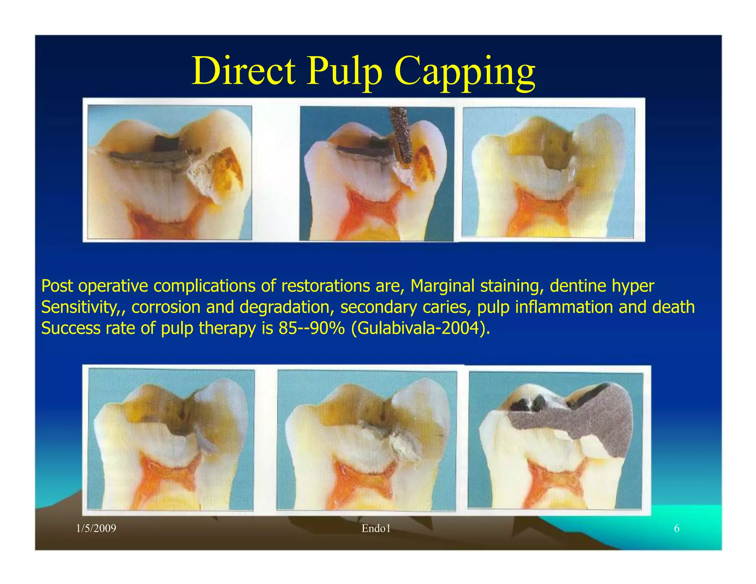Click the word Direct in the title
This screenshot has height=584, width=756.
(244, 71)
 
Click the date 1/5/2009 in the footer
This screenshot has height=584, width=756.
(96, 529)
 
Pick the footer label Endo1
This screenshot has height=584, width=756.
(376, 529)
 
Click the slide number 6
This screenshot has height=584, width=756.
(677, 529)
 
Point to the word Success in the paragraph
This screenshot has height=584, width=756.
(71, 328)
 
